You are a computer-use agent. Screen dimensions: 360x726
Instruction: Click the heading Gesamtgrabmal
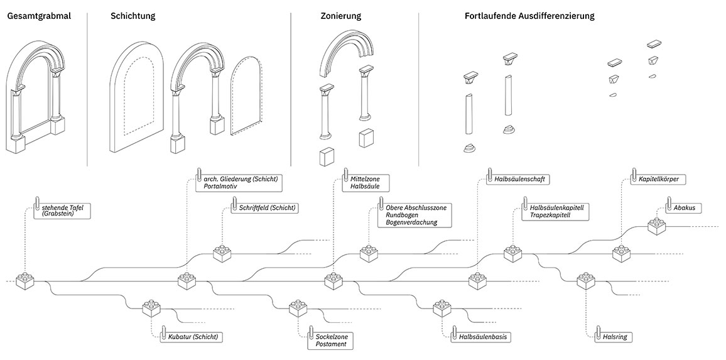(x=38, y=16)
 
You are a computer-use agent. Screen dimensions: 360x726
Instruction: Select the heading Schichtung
(x=133, y=16)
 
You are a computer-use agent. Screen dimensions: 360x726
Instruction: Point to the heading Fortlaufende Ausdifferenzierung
(x=529, y=16)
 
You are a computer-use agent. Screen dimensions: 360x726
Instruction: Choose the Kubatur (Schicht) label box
(x=193, y=337)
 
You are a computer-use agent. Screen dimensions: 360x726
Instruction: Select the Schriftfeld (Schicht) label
(x=266, y=208)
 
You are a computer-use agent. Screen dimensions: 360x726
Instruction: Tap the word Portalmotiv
(x=222, y=187)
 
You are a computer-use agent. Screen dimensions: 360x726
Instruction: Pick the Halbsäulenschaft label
(x=519, y=179)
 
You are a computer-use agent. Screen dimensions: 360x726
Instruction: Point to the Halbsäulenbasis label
(x=482, y=337)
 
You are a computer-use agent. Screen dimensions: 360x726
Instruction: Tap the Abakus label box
(x=686, y=207)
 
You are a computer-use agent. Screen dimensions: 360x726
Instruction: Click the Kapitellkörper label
(x=658, y=179)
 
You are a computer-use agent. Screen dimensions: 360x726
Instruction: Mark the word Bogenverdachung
(x=411, y=222)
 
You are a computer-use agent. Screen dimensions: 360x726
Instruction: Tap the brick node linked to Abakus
(x=656, y=226)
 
